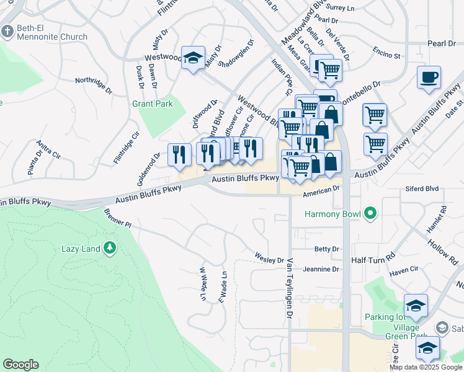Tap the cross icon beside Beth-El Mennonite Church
(x=7, y=31)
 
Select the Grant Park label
(x=153, y=104)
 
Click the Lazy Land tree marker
(x=110, y=248)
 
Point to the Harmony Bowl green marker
(x=371, y=215)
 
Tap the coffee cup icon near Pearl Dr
(x=429, y=78)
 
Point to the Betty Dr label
(x=327, y=249)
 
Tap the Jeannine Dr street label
(x=323, y=269)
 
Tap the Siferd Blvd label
(x=422, y=188)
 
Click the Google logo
(x=20, y=365)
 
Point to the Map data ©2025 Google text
(x=426, y=367)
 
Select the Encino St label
(x=388, y=55)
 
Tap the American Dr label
(x=321, y=193)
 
